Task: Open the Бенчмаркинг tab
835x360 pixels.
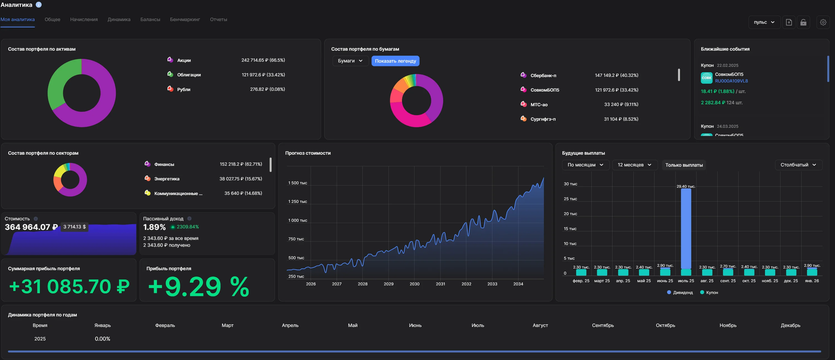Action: [x=185, y=19]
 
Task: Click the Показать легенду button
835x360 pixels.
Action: [x=395, y=61]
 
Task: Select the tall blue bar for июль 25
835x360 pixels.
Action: [x=686, y=229]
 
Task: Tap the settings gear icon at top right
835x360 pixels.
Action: [x=823, y=22]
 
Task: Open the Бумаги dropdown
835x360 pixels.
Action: [x=350, y=61]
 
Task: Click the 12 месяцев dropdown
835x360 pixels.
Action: [x=634, y=165]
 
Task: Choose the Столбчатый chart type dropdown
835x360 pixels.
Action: [x=798, y=165]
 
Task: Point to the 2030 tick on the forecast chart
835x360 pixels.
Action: [x=414, y=284]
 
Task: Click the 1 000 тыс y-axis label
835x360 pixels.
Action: [x=298, y=220]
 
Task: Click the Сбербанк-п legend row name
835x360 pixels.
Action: [x=543, y=75]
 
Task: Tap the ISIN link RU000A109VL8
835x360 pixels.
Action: [x=731, y=81]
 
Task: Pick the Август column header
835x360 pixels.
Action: [x=540, y=325]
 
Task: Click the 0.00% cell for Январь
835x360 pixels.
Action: [x=102, y=339]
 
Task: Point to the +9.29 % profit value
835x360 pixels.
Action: [x=198, y=287]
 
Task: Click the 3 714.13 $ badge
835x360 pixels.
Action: [x=75, y=227]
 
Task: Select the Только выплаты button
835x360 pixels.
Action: [x=684, y=165]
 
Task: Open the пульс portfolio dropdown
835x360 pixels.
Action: [x=764, y=22]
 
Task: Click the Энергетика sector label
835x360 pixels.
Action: [x=167, y=179]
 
